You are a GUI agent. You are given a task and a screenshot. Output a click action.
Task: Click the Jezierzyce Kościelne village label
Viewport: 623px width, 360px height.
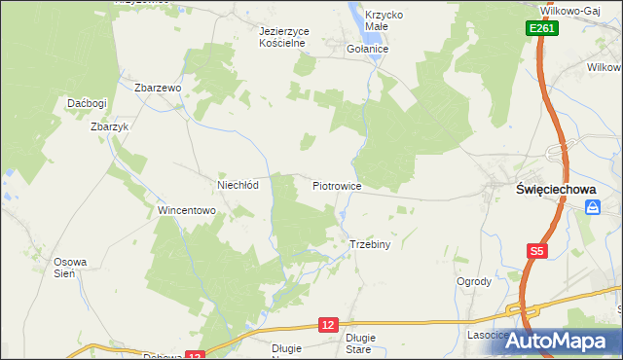283,37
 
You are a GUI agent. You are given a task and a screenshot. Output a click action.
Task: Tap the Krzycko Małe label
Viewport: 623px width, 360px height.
384,21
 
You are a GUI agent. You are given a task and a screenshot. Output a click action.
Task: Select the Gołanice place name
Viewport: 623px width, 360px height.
368,48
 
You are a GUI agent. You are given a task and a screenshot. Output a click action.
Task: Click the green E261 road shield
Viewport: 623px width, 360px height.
543,30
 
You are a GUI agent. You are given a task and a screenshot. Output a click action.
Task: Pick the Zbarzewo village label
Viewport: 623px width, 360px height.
159,88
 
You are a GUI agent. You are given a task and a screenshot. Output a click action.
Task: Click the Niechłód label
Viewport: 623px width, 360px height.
237,184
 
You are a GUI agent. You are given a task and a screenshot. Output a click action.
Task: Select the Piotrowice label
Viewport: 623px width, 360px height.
337,185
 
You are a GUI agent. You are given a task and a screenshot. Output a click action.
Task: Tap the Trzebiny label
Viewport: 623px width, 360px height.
369,244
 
